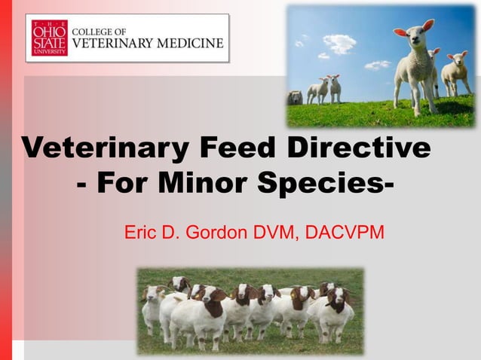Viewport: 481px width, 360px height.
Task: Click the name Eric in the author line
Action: point(140,231)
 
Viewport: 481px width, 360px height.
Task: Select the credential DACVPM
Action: point(346,231)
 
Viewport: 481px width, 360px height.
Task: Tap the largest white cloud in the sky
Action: point(339,43)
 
